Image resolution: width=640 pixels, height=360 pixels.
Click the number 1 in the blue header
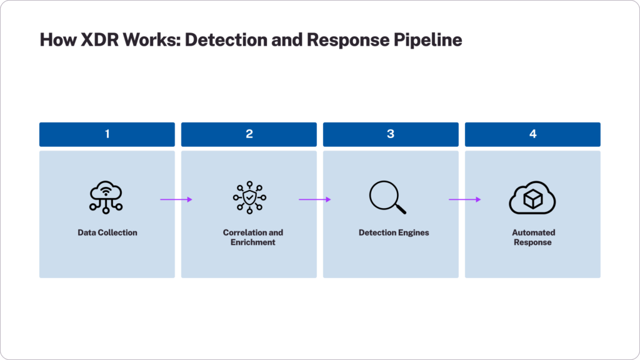coord(107,134)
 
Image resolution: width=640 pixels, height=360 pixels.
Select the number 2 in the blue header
coord(249,134)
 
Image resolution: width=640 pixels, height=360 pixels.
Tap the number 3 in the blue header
coord(391,134)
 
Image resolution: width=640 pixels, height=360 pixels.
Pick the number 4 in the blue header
coord(532,134)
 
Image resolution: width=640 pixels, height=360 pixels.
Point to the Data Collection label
coord(107,232)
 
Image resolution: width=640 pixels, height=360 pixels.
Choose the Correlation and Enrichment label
coord(253,237)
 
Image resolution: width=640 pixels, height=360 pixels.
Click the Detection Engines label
coord(394,232)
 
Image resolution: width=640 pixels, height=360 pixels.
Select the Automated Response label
coord(533,237)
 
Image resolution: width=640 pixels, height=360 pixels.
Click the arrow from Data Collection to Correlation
coord(176,199)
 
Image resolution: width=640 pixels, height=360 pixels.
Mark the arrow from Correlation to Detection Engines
coord(314,199)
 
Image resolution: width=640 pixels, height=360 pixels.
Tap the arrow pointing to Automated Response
coord(465,199)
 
